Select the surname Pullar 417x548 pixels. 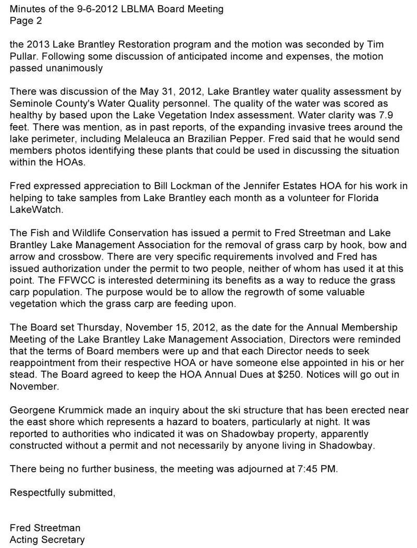coord(23,58)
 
